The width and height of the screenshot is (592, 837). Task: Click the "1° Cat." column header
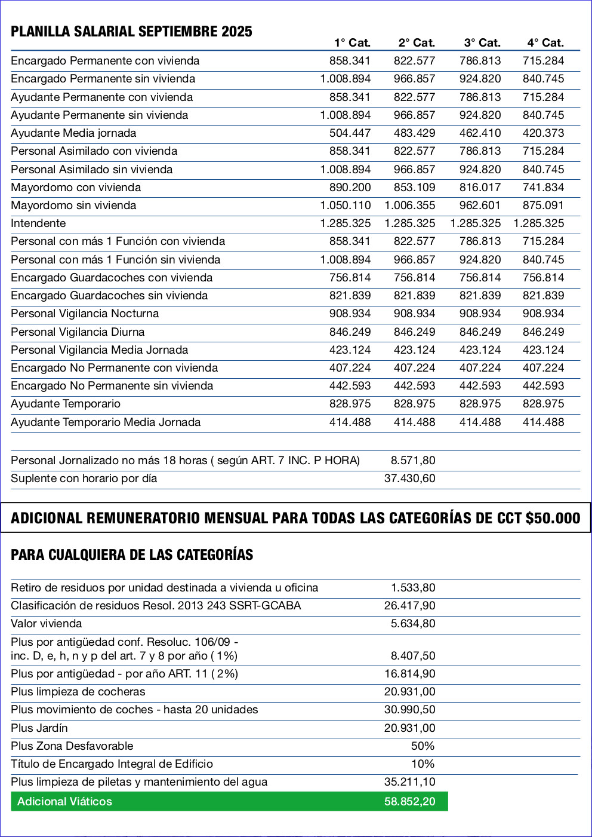[x=352, y=43]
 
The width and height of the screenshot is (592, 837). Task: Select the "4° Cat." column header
[x=545, y=43]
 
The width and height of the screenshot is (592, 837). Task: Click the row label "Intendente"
[x=38, y=223]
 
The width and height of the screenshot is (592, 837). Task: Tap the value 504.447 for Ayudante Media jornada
[x=350, y=133]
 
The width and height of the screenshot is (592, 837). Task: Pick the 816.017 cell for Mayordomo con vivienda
[x=480, y=188]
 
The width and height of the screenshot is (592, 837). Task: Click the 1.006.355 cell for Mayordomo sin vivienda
[x=409, y=206]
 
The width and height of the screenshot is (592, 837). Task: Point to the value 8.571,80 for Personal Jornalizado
[x=413, y=461]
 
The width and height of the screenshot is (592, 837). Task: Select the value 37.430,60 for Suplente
[x=409, y=479]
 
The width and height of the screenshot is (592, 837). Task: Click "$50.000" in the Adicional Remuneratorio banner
[x=553, y=518]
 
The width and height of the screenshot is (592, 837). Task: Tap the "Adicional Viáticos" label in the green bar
[x=64, y=802]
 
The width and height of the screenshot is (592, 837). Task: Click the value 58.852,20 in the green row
[x=409, y=802]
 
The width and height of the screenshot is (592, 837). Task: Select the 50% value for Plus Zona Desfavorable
[x=423, y=746]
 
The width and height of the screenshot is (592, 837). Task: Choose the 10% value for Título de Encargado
[x=423, y=764]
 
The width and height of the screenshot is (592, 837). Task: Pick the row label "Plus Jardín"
[x=39, y=728]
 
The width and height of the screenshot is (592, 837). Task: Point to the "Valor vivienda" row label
[x=47, y=624]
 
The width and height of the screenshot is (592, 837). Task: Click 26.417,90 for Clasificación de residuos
[x=409, y=606]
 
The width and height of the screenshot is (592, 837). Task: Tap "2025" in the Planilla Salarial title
[x=237, y=32]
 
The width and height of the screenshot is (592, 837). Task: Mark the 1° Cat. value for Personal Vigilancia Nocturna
[x=350, y=314]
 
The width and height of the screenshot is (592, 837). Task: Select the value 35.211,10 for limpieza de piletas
[x=409, y=782]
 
